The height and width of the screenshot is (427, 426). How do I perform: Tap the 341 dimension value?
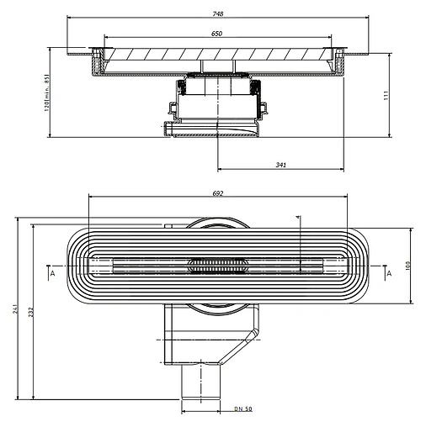280,165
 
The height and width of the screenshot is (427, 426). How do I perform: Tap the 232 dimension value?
31,311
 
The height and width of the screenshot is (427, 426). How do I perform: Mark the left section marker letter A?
51,274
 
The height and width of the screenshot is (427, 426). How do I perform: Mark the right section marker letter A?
388,274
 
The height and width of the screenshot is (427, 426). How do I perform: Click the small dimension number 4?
299,218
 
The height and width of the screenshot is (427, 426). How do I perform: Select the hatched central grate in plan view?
216,266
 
